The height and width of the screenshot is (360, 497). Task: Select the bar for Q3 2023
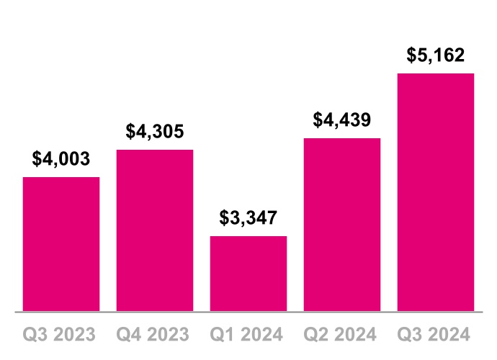coord(61,244)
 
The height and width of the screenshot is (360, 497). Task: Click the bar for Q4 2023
coord(155,230)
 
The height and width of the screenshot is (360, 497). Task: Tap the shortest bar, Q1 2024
coord(248,274)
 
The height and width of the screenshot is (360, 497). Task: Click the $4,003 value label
coord(61,159)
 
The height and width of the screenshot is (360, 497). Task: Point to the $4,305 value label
coord(155,132)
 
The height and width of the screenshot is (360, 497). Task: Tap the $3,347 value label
coord(248,218)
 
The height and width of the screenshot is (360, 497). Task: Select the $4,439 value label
coord(342,120)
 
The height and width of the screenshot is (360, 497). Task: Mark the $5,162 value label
coord(436,55)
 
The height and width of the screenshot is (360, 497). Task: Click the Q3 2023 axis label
coord(61,335)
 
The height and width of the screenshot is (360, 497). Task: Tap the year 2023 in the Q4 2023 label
coord(169,335)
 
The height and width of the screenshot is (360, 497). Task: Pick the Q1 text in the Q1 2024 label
coord(222,335)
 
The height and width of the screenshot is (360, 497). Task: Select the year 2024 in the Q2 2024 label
coord(356,335)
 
